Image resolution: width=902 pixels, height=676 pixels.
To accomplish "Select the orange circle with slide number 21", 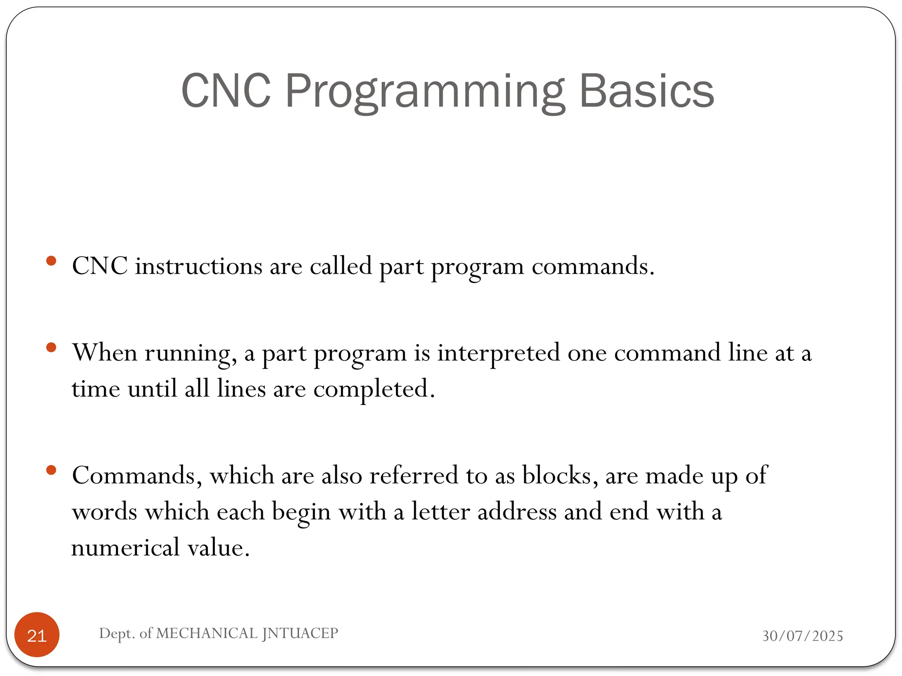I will pos(37,635).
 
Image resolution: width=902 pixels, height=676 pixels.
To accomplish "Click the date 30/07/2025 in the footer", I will pos(802,636).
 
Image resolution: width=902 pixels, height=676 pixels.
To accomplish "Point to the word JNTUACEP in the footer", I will pos(300,633).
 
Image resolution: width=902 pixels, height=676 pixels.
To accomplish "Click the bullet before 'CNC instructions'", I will pos(51,261).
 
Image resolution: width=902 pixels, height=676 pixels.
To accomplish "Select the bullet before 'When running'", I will pos(51,348).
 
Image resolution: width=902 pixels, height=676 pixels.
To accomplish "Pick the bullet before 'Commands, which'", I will pos(51,470).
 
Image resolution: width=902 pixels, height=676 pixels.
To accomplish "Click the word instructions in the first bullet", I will pos(199,266).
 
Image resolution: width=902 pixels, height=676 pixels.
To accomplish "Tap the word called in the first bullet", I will pos(341,266).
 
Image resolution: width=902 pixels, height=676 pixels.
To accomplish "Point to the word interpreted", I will pos(499,353).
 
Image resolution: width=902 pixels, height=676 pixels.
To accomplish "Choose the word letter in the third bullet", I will pos(441,512).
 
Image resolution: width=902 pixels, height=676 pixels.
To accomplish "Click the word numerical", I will pos(126,548).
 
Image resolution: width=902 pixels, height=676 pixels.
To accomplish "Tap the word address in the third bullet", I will pos(517,512).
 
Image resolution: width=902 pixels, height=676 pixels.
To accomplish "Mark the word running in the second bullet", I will pos(188,353).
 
